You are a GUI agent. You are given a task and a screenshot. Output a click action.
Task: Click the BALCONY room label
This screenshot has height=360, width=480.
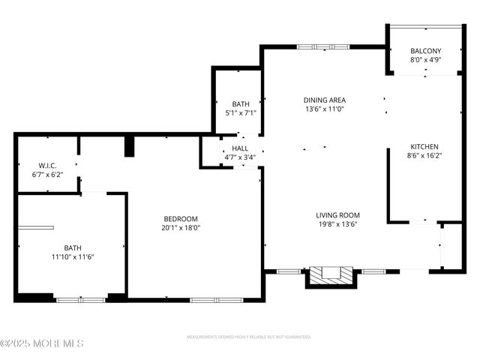coord(425,51)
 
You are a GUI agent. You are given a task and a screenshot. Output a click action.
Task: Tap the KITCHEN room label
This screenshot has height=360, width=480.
coord(424,147)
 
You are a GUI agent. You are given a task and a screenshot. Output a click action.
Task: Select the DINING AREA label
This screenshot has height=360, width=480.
coord(324,100)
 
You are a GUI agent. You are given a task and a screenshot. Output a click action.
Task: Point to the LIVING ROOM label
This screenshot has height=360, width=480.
coord(337,214)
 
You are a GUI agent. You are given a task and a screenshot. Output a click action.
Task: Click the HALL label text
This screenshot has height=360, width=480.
coord(239,148)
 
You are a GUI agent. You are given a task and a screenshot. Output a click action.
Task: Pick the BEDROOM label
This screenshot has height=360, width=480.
coord(181,218)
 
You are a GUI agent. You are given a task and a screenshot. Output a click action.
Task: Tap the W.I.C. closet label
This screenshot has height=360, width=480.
coord(48,165)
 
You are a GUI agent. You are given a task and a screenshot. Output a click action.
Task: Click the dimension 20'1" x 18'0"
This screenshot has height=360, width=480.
coord(181,227)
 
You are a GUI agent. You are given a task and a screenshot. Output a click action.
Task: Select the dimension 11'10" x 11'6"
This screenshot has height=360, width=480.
coord(73,256)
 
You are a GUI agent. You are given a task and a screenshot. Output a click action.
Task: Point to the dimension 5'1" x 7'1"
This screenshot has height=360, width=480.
coord(241,113)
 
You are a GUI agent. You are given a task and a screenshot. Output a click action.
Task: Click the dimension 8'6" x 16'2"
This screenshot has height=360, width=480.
coord(424,156)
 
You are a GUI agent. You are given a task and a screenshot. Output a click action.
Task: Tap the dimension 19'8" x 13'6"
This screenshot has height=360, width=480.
coord(337,223)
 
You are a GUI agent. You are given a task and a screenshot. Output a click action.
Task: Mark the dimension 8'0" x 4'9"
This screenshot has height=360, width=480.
coord(425,60)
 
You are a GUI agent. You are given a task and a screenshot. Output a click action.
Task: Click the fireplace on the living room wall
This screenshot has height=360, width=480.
coord(330,274)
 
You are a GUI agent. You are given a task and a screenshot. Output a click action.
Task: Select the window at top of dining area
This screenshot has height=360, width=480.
coord(323,47)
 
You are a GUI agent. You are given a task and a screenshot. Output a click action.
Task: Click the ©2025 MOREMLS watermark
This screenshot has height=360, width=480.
coord(42,343)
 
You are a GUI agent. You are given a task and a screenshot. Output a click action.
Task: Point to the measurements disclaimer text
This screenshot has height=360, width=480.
coord(248,337)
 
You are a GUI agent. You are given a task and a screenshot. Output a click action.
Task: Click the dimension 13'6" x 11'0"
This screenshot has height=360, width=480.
coord(324,109)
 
